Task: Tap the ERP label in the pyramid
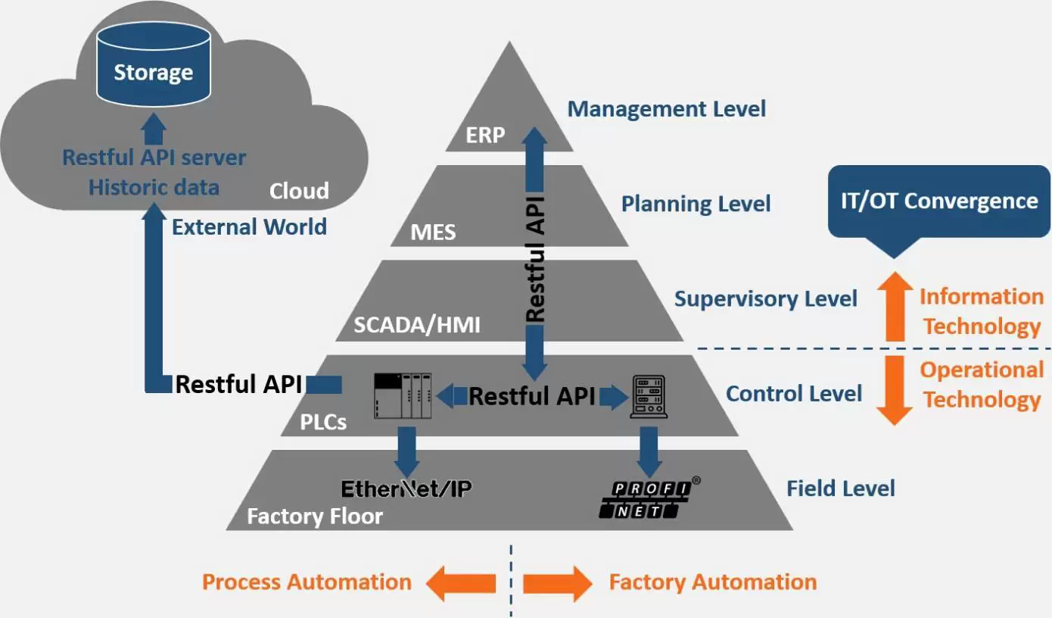(x=486, y=136)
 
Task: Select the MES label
(x=433, y=231)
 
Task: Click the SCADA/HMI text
(x=417, y=325)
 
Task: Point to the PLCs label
(x=323, y=422)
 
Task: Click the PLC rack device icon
(x=403, y=395)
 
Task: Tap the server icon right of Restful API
(x=649, y=397)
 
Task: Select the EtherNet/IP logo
(x=406, y=488)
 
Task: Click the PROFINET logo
(x=646, y=500)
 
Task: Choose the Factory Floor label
(x=315, y=517)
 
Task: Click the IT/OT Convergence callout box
(x=939, y=201)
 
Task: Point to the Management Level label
(x=667, y=109)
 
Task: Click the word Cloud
(x=299, y=191)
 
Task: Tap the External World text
(x=249, y=226)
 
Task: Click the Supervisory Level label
(x=766, y=299)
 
